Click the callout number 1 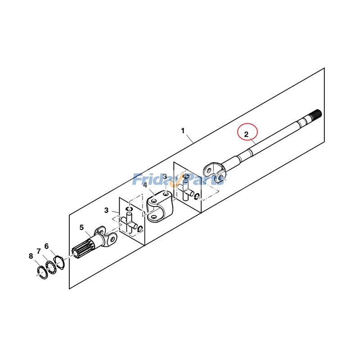(x=183, y=130)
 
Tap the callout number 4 (x=145, y=185)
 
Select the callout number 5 (x=81, y=227)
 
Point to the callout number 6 (x=46, y=247)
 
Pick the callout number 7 (x=39, y=251)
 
